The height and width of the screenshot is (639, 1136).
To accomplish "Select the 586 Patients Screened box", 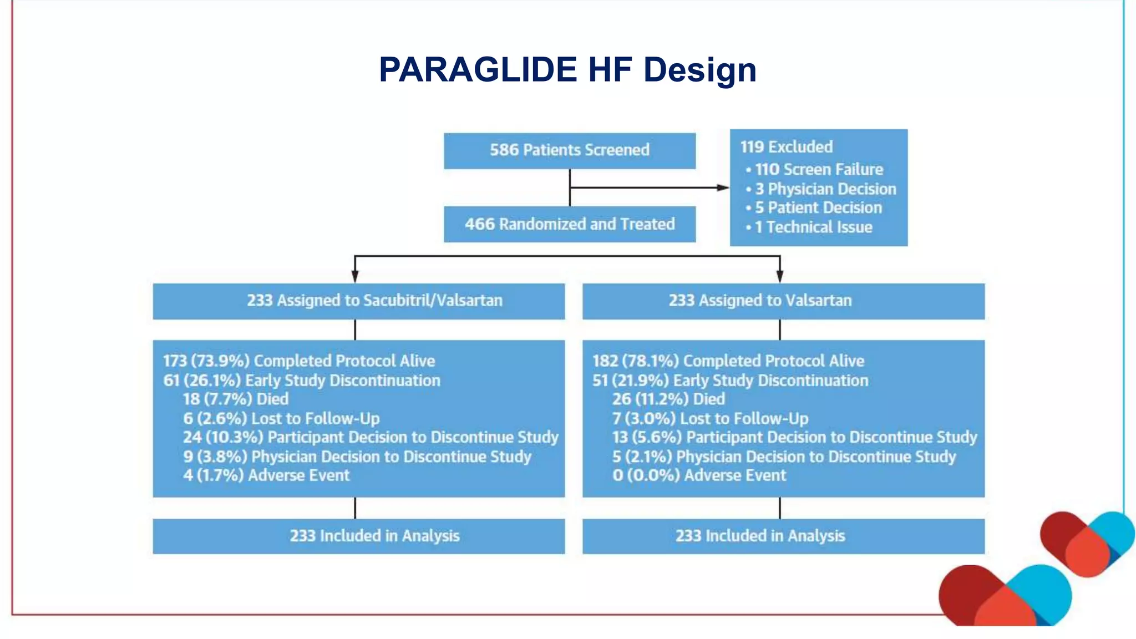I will (569, 150).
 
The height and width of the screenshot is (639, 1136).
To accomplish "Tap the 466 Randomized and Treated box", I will (569, 224).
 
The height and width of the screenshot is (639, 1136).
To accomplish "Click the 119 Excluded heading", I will (786, 147).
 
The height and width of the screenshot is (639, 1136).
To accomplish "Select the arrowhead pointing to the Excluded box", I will (723, 187).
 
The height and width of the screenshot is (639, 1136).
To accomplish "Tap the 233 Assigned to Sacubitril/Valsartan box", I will (358, 301).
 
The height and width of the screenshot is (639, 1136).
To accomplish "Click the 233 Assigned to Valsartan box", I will (783, 301).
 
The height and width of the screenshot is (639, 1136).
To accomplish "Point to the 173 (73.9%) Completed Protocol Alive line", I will (299, 361).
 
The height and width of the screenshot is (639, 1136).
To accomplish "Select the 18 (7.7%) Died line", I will (236, 399).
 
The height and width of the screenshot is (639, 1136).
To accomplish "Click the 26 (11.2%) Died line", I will (668, 399).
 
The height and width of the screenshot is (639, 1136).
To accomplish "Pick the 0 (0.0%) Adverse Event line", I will (699, 475).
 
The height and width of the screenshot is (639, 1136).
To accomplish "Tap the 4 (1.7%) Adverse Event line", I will (266, 475).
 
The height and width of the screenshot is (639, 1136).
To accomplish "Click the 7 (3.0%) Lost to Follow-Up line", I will (710, 418).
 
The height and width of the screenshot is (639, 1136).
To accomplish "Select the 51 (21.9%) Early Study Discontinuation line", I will (730, 381).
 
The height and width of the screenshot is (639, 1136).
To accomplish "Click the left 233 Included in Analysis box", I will (358, 536).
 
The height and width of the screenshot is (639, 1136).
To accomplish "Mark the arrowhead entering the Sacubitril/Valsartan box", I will (355, 276).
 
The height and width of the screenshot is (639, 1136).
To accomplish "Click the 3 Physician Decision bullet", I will (825, 189).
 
